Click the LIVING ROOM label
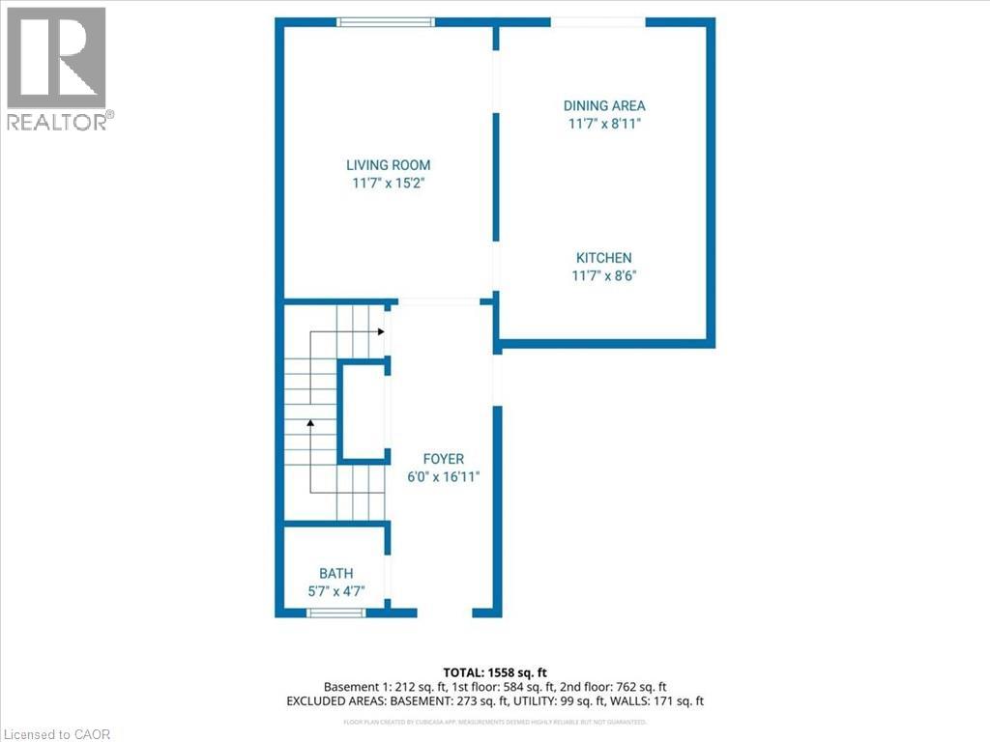tap(389, 165)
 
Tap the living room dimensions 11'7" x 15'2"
tap(389, 183)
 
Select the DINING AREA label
tap(604, 105)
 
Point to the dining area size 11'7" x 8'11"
tap(604, 124)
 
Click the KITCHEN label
tap(604, 258)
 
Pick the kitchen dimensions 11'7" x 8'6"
tap(604, 275)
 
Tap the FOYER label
tap(444, 459)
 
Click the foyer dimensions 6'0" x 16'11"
tap(444, 476)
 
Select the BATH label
tap(336, 574)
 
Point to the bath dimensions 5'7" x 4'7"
tap(336, 591)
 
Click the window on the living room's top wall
tap(386, 22)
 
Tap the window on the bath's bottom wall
tap(336, 613)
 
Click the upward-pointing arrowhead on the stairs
tap(310, 422)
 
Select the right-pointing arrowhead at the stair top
tap(382, 331)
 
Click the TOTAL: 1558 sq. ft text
tap(494, 671)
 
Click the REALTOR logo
tap(58, 68)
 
